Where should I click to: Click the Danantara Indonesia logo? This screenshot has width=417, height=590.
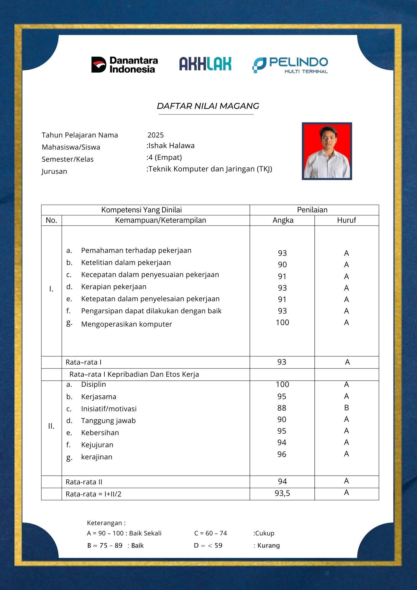point(124,65)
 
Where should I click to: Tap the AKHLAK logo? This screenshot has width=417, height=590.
point(205,64)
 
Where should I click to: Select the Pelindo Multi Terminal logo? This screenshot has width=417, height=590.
point(290,65)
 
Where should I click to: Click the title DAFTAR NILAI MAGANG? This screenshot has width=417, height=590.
point(208,106)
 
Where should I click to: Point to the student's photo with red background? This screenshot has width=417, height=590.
point(327,151)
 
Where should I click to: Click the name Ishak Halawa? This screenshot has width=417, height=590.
point(171,146)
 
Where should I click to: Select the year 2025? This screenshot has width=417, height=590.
point(155,135)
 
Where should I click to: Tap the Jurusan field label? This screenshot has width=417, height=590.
point(54,171)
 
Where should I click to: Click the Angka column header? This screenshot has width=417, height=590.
point(283,220)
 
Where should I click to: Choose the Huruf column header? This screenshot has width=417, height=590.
point(347,220)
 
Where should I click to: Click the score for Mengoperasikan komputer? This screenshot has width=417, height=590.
point(282,322)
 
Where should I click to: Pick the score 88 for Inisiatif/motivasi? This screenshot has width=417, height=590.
point(282,408)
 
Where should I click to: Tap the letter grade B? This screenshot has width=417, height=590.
point(347,408)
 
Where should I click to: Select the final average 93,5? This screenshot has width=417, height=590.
point(282,493)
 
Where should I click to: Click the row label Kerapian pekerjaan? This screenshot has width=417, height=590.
point(114,287)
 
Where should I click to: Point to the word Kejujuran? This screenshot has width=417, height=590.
point(97,445)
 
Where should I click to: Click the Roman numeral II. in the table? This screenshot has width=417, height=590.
point(51,426)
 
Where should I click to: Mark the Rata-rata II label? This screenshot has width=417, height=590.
point(84,482)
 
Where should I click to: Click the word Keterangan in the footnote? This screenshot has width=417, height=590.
point(104,523)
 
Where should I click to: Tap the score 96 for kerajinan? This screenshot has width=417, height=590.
point(282,454)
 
